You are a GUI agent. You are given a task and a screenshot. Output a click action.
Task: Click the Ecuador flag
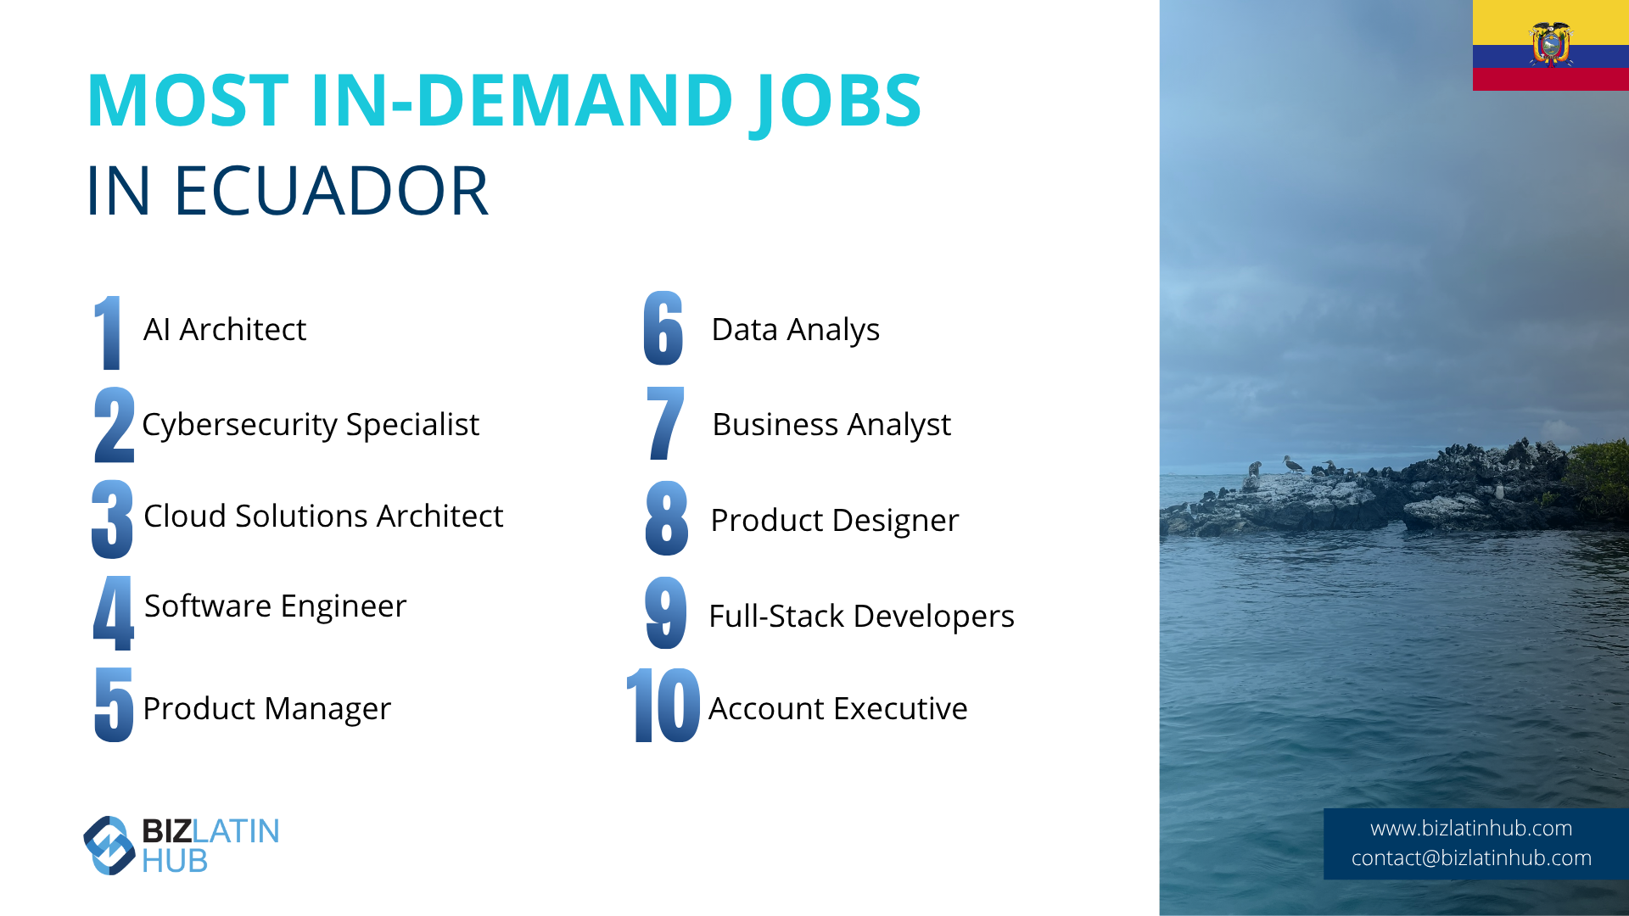[x=1551, y=45]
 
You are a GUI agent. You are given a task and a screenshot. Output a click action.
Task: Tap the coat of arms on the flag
[x=1551, y=44]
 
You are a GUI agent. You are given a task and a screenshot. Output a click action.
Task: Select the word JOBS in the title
[x=836, y=102]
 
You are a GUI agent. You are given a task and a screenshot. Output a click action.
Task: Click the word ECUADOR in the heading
[x=331, y=191]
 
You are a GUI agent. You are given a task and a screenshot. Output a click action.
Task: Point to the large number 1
[x=108, y=332]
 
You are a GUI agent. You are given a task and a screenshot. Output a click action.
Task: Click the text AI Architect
[x=225, y=329]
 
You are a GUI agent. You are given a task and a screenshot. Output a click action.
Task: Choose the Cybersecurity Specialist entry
[x=311, y=425]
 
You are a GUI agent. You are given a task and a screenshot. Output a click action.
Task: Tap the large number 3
[x=113, y=519]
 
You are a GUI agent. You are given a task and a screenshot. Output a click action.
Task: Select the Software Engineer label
[x=276, y=606]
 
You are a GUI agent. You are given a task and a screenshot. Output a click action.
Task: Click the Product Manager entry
[x=266, y=709]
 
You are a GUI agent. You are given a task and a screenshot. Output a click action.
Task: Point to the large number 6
[x=663, y=328]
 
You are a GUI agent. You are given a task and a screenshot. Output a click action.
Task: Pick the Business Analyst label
[x=831, y=425]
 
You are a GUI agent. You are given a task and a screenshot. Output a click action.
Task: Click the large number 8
[x=667, y=518]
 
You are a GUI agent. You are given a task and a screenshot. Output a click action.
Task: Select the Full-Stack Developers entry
[x=861, y=617]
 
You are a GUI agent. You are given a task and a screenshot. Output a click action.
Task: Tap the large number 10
[x=663, y=705]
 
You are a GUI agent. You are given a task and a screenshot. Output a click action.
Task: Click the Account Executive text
[x=838, y=709]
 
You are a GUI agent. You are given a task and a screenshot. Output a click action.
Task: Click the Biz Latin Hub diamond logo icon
[x=109, y=845]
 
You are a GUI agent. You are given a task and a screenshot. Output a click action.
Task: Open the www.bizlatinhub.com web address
[x=1471, y=829]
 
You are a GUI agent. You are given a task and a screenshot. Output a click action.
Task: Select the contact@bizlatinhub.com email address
[x=1471, y=858]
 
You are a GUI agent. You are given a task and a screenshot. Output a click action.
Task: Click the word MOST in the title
[x=188, y=101]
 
